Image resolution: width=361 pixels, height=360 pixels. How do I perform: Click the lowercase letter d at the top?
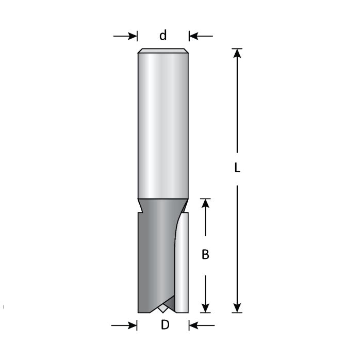163,36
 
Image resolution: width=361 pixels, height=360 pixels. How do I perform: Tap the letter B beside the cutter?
205,254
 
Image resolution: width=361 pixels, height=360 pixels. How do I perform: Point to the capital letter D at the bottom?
165,325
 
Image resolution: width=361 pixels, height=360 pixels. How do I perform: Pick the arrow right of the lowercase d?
201,36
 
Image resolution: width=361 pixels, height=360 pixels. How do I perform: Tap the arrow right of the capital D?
201,325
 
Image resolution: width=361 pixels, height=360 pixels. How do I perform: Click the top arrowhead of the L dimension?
237,54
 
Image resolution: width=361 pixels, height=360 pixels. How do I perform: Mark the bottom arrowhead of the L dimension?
237,307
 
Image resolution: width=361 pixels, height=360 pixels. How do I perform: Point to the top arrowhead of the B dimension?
206,204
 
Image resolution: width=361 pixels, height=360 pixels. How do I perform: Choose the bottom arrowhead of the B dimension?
206,307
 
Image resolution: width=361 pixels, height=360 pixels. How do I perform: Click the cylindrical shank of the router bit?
163,124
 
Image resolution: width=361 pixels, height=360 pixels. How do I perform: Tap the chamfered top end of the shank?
163,51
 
